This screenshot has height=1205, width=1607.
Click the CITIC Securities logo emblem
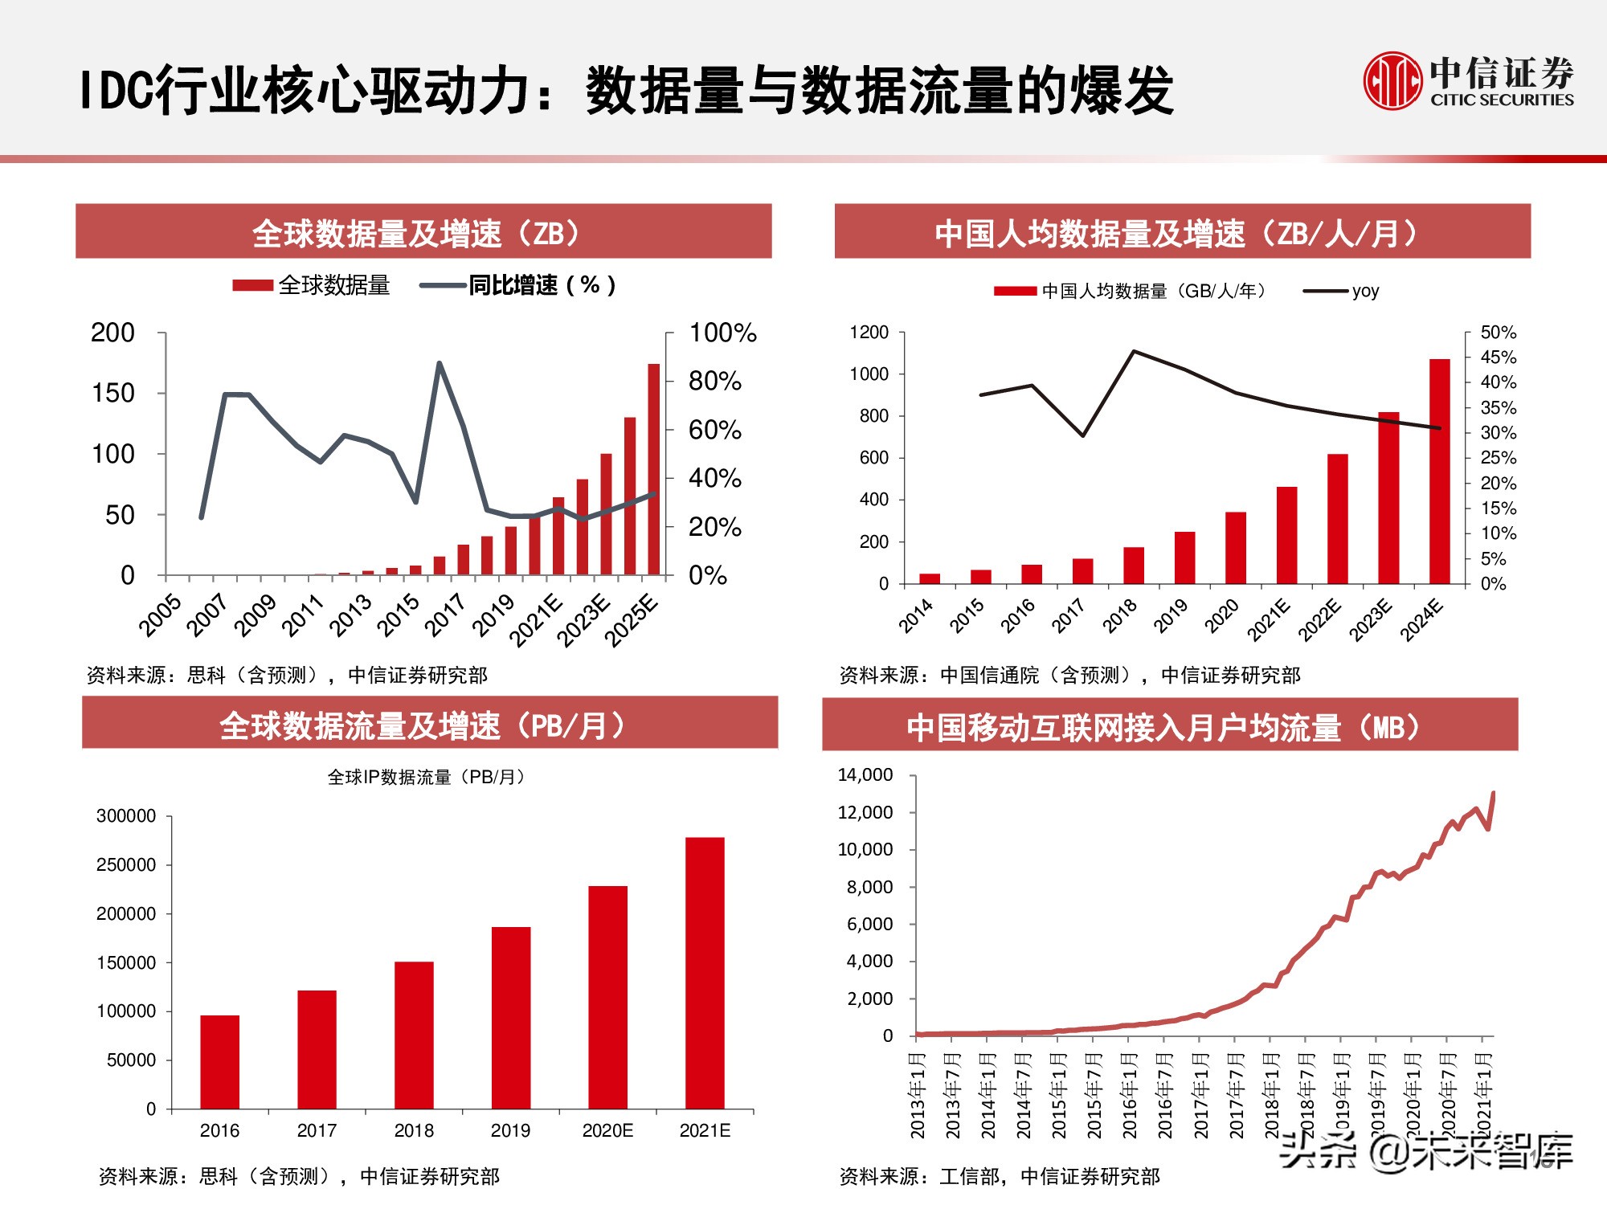[1392, 80]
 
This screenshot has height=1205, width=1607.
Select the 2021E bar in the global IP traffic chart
[705, 973]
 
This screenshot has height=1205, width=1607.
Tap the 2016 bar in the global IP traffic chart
[219, 1062]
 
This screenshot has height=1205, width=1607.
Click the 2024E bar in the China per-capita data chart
[1439, 471]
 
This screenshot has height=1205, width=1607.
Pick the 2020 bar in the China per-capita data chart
[1235, 547]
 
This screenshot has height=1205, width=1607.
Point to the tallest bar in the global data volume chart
[654, 469]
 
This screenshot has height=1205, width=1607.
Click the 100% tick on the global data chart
[722, 333]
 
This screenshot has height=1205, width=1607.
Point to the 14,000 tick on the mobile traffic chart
[865, 775]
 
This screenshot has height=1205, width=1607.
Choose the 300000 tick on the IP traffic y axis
[126, 816]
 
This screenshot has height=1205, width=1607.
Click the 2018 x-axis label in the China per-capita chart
[1120, 616]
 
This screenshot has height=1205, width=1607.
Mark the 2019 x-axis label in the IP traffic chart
[510, 1130]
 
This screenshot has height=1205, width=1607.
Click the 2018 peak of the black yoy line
[1134, 351]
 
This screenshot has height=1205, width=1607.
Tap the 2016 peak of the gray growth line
[439, 363]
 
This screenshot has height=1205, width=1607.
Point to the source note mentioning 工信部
[1000, 1176]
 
